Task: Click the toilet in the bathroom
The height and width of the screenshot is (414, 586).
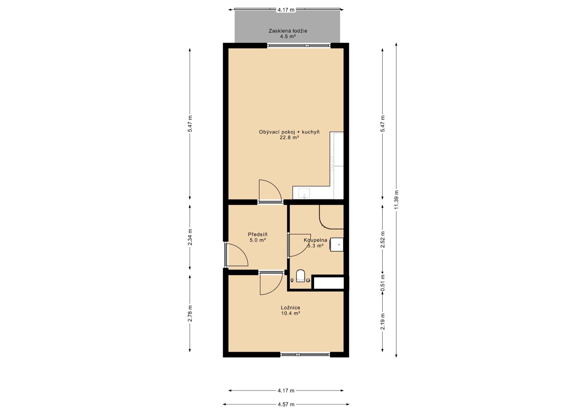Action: (x=300, y=275)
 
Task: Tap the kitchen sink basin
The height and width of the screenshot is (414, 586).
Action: (x=304, y=193)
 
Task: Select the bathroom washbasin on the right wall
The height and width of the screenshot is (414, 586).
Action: (x=337, y=245)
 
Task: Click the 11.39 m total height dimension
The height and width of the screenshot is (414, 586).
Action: (x=396, y=200)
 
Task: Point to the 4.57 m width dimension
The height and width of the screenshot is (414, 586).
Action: (x=286, y=405)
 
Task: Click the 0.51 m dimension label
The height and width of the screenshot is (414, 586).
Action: (x=383, y=283)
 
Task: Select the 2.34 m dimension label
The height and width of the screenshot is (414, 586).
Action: (x=190, y=237)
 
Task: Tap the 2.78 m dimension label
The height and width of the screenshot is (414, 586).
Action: (x=190, y=313)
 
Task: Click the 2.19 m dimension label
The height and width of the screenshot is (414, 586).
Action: (x=383, y=322)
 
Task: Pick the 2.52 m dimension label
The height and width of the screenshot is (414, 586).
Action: (x=383, y=239)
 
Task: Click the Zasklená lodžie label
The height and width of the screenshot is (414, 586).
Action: (x=288, y=31)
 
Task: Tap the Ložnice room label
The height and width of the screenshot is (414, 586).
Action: (x=291, y=308)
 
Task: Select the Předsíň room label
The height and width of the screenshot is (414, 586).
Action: (x=258, y=235)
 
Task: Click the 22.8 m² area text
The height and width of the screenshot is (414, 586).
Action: (x=289, y=138)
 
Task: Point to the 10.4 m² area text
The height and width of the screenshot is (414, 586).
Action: (x=291, y=313)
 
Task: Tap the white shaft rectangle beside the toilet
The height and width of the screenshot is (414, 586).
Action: (x=329, y=283)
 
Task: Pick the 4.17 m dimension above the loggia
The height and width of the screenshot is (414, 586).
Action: (x=286, y=10)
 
